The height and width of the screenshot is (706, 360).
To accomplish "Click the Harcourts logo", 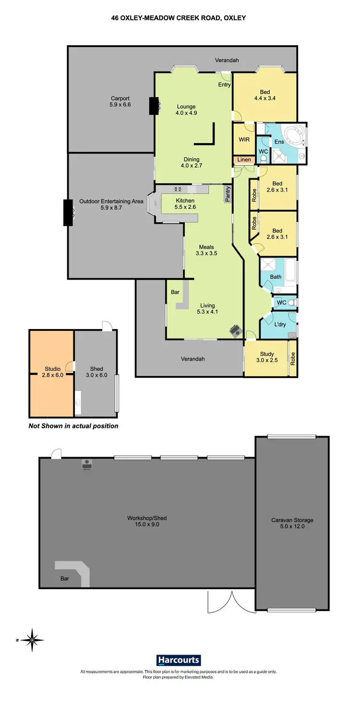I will point(179,660).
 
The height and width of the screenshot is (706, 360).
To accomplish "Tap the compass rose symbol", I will point(32,640).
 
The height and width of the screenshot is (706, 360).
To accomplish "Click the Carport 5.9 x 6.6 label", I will point(120,101).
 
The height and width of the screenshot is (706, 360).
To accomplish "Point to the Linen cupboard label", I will point(244,160).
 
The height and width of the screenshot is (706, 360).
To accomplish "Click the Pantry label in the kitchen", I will point(228,195).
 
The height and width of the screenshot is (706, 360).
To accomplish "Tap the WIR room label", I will point(244,139).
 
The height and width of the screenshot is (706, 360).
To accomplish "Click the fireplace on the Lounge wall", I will point(154,106).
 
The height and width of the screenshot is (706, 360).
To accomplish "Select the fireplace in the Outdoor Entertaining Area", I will point(69,212).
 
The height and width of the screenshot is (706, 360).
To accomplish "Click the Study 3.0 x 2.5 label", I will point(267,357).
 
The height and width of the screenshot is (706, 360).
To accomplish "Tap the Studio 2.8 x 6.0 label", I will point(51,372).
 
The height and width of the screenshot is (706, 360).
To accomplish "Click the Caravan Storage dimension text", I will point(292,526).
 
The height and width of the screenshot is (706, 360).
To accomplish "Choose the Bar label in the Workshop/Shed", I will point(65,579).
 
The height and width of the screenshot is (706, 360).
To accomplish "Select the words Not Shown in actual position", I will point(73,426).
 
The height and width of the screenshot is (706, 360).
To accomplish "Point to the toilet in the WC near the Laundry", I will point(291,303).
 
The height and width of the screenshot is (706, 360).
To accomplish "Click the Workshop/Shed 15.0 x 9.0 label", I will point(146,522).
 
